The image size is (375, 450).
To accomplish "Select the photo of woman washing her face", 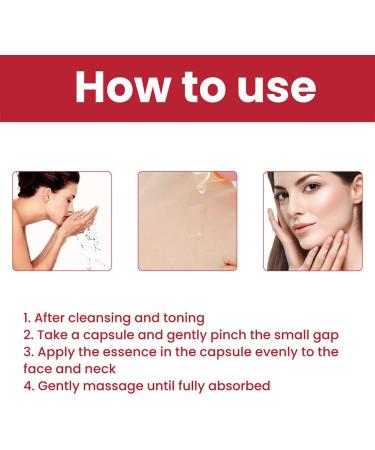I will (62, 221).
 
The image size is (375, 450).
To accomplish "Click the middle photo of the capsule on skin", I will (187, 221).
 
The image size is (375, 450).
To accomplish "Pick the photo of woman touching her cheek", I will (312, 221).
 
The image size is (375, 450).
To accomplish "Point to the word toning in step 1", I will (182, 317).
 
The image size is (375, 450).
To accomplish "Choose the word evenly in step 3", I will (287, 351).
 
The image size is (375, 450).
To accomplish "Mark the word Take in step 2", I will (53, 334).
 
